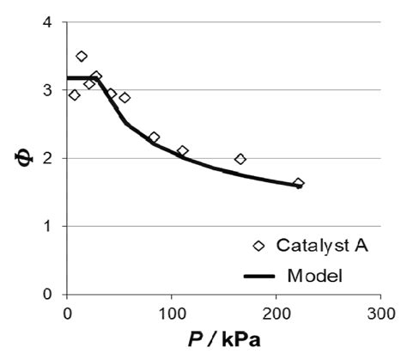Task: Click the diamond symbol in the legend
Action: click(x=257, y=246)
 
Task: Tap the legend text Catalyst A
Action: click(x=322, y=246)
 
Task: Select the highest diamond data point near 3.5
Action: click(x=82, y=57)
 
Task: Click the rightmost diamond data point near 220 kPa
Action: click(x=298, y=183)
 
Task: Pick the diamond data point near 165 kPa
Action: click(x=240, y=159)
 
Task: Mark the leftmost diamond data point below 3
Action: click(x=74, y=95)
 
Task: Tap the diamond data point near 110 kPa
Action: click(x=182, y=151)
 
